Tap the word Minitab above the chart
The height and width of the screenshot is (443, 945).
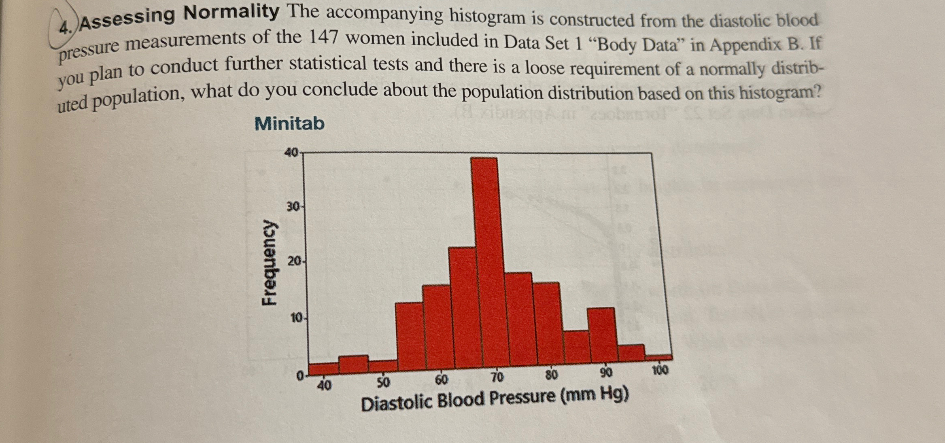(289, 123)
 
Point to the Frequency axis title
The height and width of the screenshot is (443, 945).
(270, 263)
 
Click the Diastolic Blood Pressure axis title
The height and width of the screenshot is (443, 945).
(495, 398)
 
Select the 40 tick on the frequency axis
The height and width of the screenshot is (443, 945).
(291, 153)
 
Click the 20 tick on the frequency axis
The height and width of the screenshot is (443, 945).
(295, 262)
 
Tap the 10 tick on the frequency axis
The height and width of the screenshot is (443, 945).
(297, 318)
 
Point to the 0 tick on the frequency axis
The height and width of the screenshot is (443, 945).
(300, 376)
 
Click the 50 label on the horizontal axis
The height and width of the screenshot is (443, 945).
(383, 382)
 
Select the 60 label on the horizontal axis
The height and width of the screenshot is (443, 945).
(442, 379)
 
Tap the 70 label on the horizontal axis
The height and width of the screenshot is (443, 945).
(497, 377)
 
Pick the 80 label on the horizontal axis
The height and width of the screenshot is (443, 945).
(551, 375)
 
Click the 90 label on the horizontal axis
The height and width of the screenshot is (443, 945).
(606, 373)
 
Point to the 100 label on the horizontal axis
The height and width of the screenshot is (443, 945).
(660, 370)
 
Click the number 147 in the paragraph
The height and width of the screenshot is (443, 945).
(323, 38)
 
